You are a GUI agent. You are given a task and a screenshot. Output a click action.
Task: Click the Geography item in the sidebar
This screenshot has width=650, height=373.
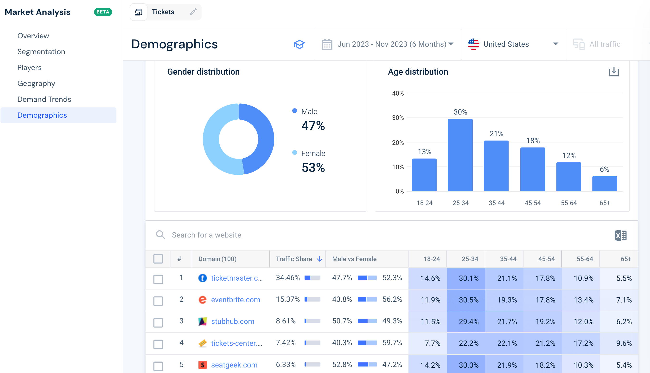click(x=36, y=84)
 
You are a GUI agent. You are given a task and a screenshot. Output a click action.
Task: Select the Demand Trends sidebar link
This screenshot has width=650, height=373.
click(x=44, y=99)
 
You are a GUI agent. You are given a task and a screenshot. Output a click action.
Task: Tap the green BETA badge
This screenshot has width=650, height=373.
click(x=103, y=12)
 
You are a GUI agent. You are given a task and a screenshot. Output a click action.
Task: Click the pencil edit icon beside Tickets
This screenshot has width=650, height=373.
click(x=193, y=12)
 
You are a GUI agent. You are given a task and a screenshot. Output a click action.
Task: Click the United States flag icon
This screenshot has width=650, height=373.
click(x=473, y=44)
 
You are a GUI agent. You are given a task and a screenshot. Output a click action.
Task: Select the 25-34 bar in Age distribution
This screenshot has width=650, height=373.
click(x=460, y=155)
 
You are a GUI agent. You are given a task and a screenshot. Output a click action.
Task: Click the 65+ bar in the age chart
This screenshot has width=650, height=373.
click(x=605, y=183)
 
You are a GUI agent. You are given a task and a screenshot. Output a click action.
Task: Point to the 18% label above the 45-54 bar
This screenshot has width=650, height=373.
click(x=533, y=141)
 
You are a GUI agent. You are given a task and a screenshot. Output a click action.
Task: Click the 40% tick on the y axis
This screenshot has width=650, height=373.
click(x=398, y=94)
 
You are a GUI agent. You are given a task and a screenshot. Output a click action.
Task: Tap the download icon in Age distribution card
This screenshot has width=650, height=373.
click(x=614, y=72)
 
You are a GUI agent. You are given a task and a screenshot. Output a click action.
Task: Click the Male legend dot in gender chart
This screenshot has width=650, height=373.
click(x=295, y=111)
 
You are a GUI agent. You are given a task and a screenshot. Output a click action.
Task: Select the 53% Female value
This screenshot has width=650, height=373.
click(x=313, y=167)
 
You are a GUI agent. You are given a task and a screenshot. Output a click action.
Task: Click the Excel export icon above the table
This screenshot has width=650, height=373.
click(x=621, y=235)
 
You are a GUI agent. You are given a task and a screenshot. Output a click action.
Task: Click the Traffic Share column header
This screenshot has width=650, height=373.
click(x=294, y=259)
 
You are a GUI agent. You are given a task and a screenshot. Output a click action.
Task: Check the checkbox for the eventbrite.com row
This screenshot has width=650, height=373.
click(x=158, y=301)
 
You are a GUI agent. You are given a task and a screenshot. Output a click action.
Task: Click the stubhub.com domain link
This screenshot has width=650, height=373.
click(x=232, y=321)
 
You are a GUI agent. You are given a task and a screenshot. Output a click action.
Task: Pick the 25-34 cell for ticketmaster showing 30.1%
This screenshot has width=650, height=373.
click(x=468, y=278)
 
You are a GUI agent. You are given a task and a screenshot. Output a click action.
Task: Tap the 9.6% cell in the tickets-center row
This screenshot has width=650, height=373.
click(x=624, y=343)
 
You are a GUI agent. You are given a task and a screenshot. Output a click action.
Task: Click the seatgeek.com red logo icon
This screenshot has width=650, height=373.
click(x=203, y=365)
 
